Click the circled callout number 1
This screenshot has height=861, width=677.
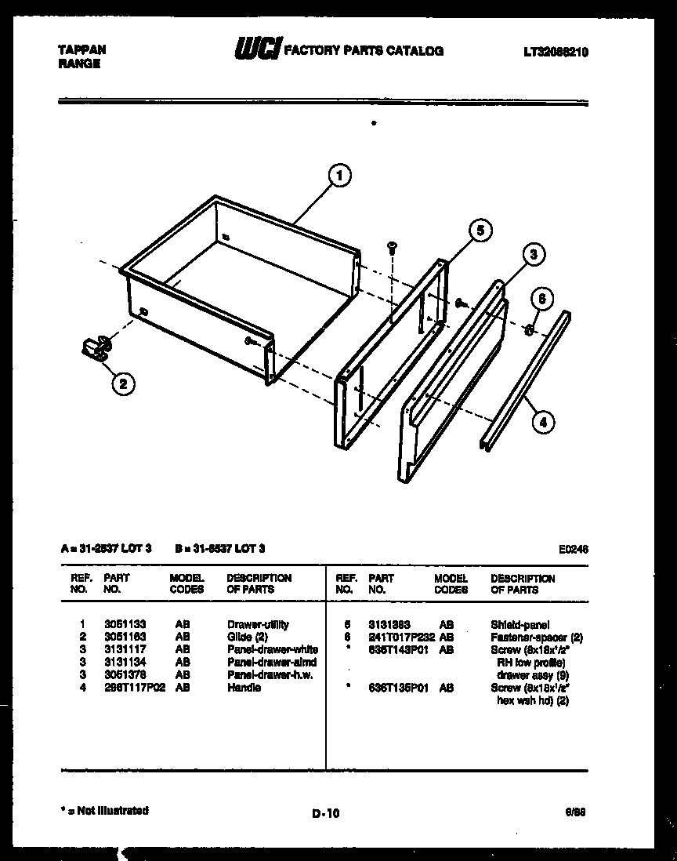point(340,176)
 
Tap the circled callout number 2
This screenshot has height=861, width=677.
point(122,383)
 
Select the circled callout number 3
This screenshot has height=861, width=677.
point(533,254)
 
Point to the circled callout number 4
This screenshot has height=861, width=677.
point(542,423)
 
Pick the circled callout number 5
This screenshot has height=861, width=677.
point(480,230)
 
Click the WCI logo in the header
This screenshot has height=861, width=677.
point(258,50)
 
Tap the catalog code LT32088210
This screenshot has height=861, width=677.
point(556,53)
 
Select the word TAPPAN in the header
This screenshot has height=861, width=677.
point(82,49)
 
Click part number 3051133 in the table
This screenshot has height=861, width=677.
point(125,624)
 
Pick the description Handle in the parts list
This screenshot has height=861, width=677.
point(244,688)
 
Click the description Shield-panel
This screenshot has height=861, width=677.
point(520,625)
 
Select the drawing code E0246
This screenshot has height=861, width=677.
point(573,550)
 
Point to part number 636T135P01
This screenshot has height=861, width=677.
point(397,688)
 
